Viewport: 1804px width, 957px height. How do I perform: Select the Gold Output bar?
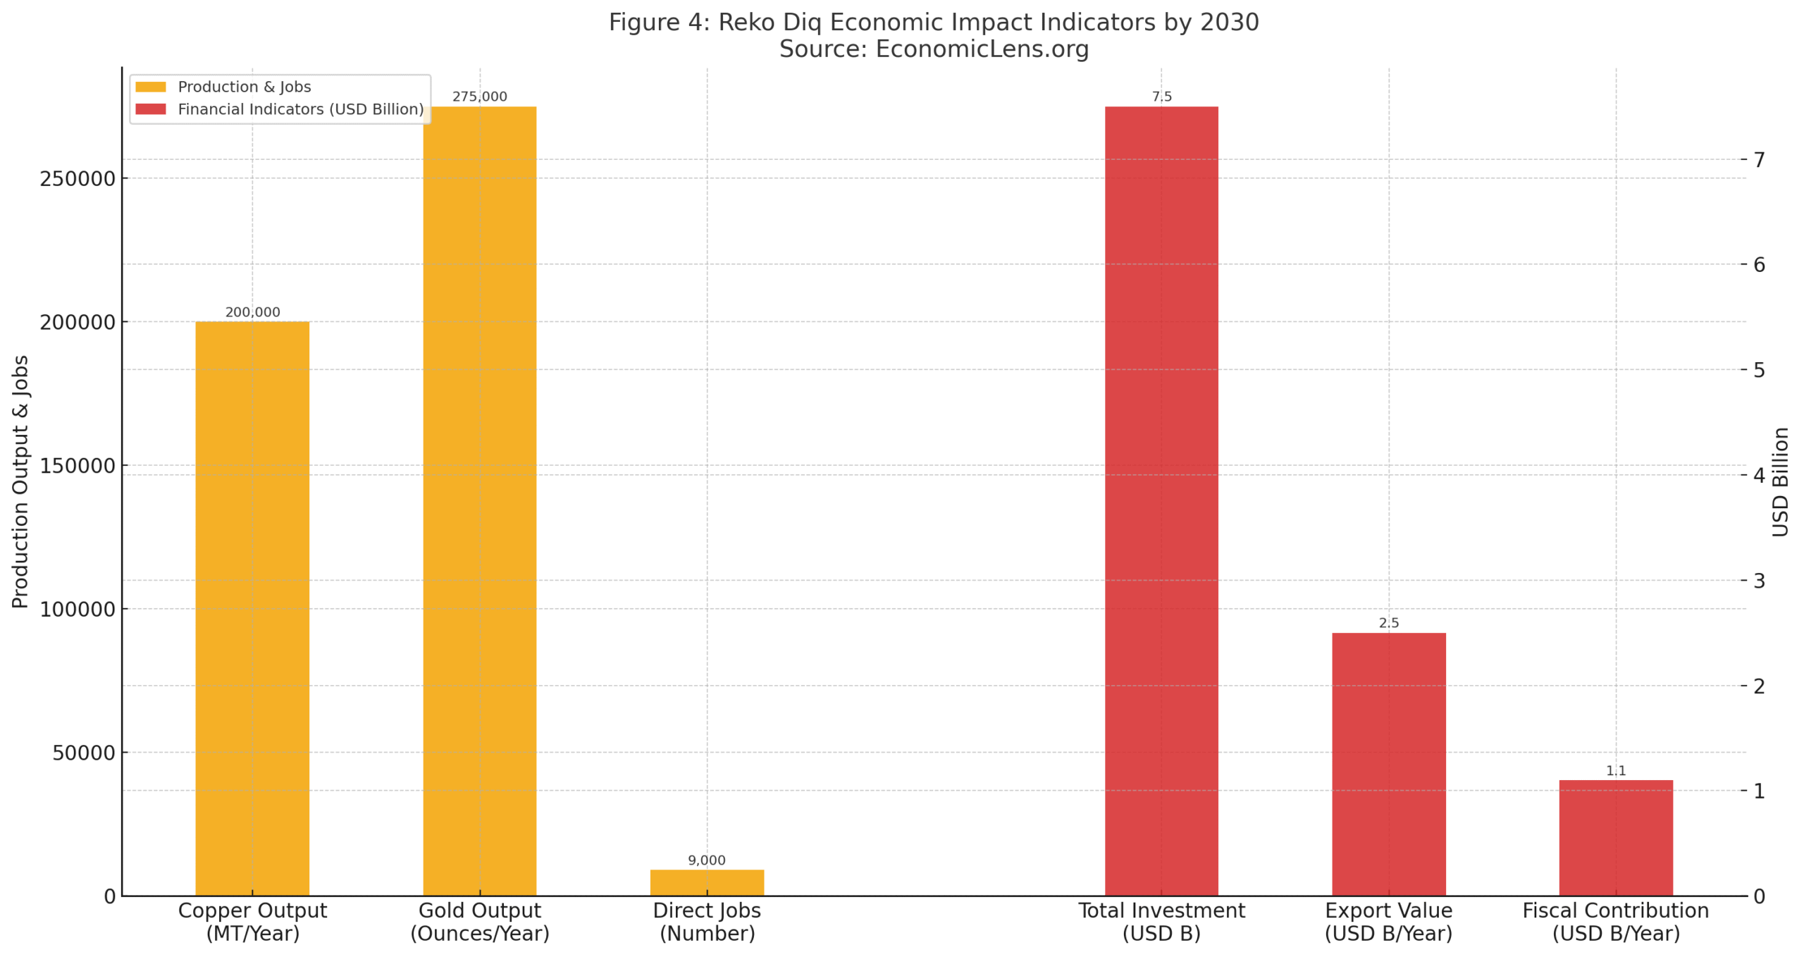click(479, 500)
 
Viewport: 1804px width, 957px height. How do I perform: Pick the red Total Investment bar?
click(1161, 500)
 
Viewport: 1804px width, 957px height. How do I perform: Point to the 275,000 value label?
click(479, 97)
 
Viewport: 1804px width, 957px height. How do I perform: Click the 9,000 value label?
click(706, 860)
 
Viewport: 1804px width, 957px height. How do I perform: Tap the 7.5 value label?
click(1161, 97)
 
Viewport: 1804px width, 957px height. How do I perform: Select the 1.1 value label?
click(1615, 770)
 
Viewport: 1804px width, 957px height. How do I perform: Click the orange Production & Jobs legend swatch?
click(150, 87)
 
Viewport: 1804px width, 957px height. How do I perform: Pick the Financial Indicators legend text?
click(300, 109)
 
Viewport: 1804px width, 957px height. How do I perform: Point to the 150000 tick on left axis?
click(78, 466)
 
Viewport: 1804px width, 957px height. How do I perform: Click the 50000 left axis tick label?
click(83, 753)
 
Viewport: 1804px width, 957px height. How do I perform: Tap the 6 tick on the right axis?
click(1759, 264)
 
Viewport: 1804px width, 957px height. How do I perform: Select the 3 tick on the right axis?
click(1759, 580)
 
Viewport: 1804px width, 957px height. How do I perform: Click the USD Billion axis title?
click(1780, 481)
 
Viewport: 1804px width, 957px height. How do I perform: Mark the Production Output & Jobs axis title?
click(20, 481)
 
